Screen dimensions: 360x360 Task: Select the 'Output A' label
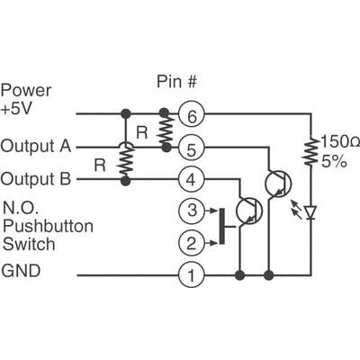click(34, 145)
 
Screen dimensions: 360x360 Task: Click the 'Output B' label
click(34, 177)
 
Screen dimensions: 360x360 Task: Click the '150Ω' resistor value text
click(336, 142)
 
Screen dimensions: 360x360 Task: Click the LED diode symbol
click(310, 212)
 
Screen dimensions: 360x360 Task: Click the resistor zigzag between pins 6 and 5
click(165, 130)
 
